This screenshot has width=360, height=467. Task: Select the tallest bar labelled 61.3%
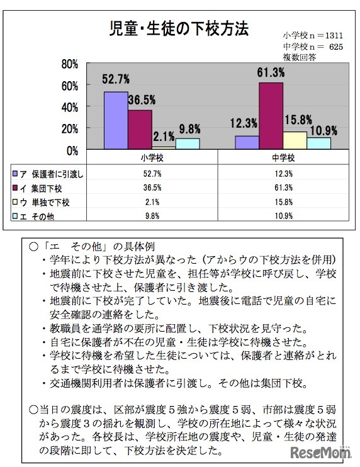(271, 116)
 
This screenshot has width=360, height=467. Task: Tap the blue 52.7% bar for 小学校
(116, 120)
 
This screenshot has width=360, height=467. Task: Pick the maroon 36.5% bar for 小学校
(140, 129)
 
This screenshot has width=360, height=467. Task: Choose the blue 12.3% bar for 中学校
(247, 142)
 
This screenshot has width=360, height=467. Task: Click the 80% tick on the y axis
(69, 64)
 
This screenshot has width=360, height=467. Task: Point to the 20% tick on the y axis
(69, 128)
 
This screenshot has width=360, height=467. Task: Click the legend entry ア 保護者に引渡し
(48, 172)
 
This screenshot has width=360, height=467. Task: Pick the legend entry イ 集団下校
(41, 187)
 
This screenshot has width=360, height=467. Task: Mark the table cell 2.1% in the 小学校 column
(152, 202)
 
